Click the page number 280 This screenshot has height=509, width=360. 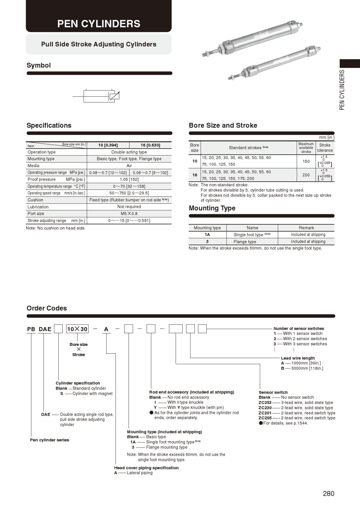[x=328, y=494]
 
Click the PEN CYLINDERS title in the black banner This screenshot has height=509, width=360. [x=99, y=24]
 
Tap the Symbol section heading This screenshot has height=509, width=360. [x=39, y=65]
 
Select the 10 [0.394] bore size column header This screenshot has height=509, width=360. [x=108, y=145]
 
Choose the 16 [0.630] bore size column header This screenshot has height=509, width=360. [x=150, y=145]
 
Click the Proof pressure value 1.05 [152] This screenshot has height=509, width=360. [x=129, y=179]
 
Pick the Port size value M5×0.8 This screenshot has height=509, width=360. [x=129, y=214]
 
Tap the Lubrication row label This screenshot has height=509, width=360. [x=38, y=207]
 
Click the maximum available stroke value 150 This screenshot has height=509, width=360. [x=306, y=161]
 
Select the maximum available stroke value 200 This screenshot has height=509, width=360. [x=306, y=175]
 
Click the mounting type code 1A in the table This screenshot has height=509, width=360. [x=207, y=234]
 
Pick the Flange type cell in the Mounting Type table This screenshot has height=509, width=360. [x=245, y=242]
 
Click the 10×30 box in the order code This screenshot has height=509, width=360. [x=77, y=329]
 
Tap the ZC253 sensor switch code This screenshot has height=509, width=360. [x=265, y=402]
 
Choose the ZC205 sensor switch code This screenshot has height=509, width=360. [x=265, y=418]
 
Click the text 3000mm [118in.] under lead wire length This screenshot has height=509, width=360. [x=307, y=368]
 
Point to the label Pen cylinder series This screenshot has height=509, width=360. [x=50, y=440]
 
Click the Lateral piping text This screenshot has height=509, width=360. [x=140, y=473]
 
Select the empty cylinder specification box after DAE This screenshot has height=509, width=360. [x=59, y=329]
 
